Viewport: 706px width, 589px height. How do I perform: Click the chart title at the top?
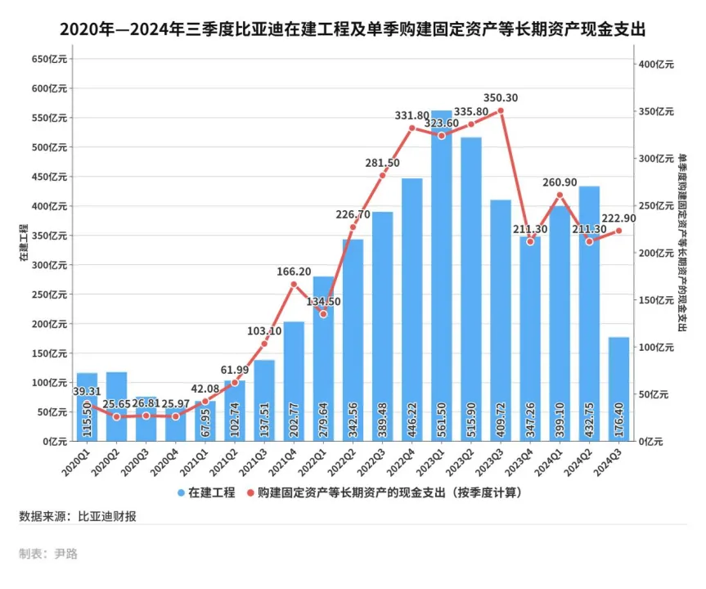coord(353,30)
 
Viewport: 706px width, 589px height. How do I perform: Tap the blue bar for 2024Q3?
coord(618,389)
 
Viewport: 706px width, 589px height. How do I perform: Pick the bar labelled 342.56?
coord(353,339)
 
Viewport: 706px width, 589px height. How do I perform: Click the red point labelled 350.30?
coord(501,110)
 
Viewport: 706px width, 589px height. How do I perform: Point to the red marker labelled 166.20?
coord(294,284)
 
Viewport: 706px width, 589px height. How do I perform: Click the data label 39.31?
coord(87,392)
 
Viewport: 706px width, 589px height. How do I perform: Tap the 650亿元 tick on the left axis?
coord(48,60)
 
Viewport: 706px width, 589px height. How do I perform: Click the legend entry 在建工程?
coord(206,492)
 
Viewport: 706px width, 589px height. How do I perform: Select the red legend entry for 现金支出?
coord(384,492)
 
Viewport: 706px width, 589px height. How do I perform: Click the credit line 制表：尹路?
coord(48,554)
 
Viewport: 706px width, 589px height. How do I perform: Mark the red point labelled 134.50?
coord(323,314)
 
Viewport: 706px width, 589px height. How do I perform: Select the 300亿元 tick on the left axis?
coord(48,265)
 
